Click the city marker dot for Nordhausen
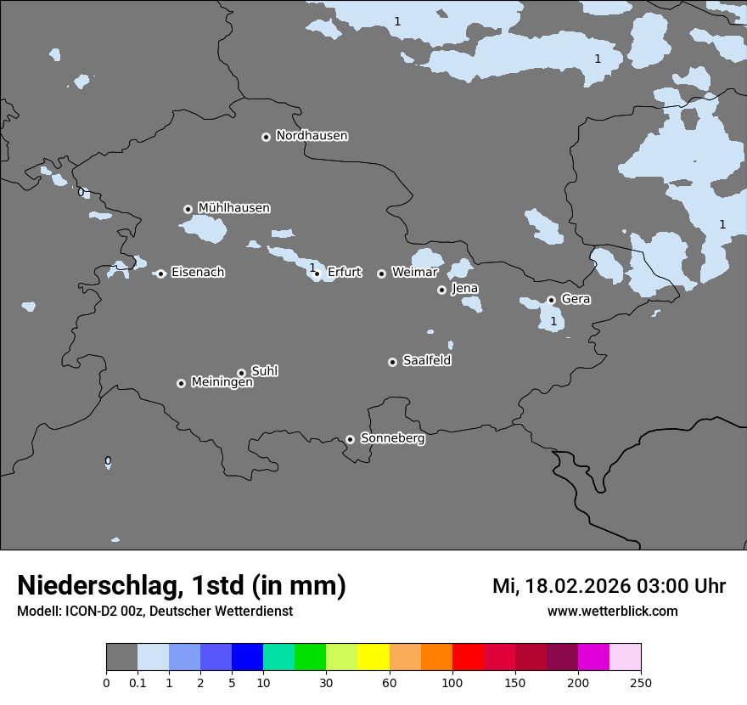point(266,137)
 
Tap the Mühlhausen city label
point(233,208)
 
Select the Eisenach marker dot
point(160,274)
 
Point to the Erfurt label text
point(344,273)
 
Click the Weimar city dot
point(381,274)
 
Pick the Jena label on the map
point(464,289)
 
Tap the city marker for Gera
point(551,300)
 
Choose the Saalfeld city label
point(426,361)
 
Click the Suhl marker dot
point(241,373)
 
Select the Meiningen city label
point(222,383)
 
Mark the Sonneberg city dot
point(350,439)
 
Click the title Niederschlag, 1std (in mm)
point(181,586)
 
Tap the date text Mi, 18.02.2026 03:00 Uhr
point(609,586)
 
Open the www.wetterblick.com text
point(612,612)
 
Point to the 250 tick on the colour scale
point(641,683)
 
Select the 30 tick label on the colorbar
point(326,683)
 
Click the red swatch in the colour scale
point(468,657)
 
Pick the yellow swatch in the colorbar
point(373,657)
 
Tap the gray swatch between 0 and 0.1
point(121,657)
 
